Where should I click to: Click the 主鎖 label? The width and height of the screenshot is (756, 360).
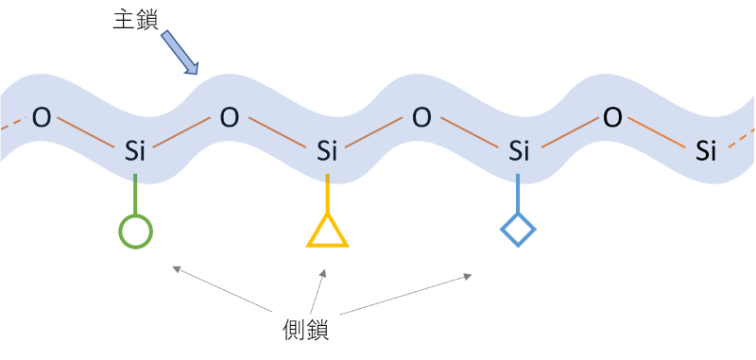[135, 20]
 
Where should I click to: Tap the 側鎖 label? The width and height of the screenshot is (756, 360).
[305, 331]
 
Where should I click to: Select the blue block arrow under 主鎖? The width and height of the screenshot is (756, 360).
[180, 53]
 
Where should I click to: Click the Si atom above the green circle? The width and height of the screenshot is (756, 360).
[134, 151]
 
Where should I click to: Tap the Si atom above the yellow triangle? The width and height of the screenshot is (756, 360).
[327, 151]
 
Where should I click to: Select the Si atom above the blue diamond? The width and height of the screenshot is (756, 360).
[519, 151]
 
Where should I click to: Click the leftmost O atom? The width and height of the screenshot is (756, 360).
[41, 118]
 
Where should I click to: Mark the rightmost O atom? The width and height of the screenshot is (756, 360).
[611, 118]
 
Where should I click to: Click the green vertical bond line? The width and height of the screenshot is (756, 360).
[135, 195]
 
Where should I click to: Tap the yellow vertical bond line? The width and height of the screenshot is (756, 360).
[327, 194]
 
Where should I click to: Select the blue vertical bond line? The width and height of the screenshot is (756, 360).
[518, 194]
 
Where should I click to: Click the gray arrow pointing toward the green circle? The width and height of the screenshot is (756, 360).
[223, 289]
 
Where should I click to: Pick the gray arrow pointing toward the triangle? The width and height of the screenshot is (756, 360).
[318, 292]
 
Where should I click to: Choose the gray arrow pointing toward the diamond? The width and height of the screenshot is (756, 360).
[405, 294]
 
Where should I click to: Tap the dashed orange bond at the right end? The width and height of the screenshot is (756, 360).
[741, 138]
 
